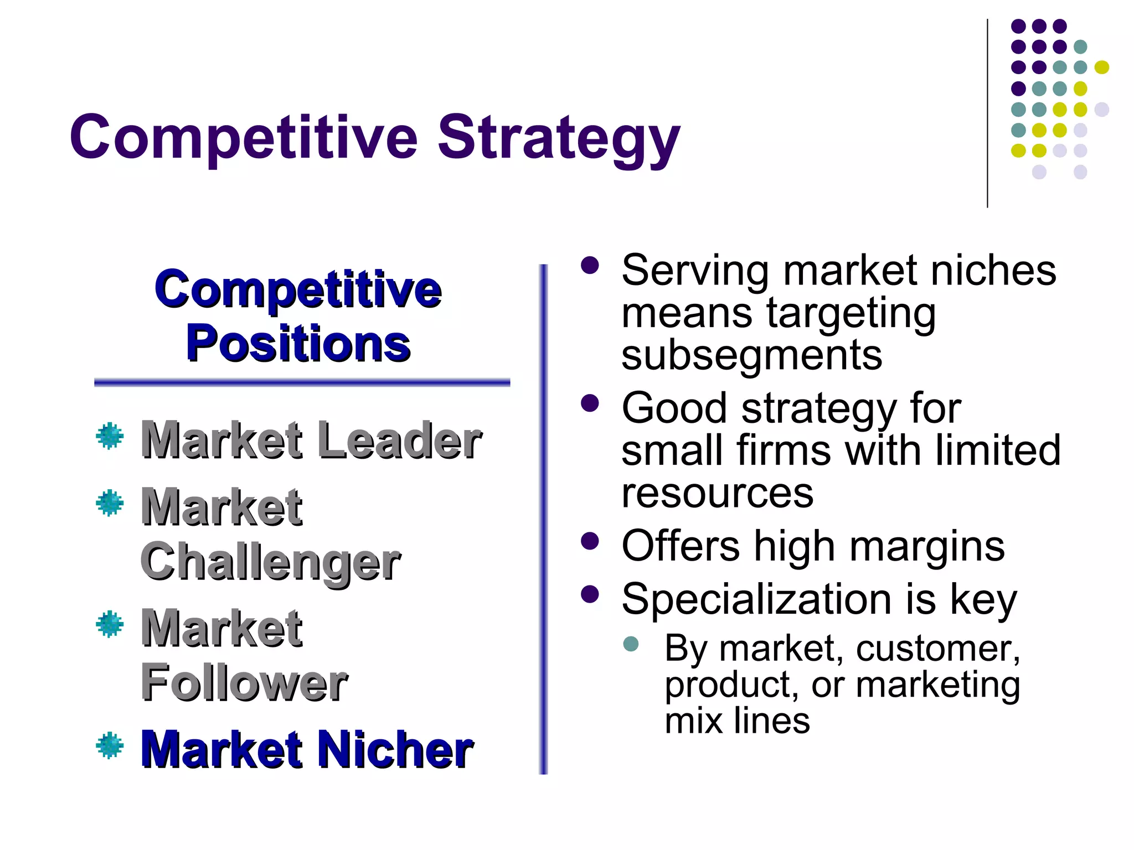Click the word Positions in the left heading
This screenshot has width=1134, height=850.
pyautogui.click(x=298, y=344)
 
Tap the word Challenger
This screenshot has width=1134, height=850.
pyautogui.click(x=270, y=562)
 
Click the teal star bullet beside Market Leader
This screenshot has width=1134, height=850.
pyautogui.click(x=110, y=436)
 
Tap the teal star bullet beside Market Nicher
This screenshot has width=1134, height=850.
pyautogui.click(x=110, y=745)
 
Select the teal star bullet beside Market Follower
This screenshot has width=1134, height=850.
pyautogui.click(x=110, y=624)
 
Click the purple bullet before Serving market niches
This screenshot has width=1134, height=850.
pyautogui.click(x=590, y=265)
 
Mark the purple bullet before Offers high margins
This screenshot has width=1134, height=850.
pyautogui.click(x=590, y=541)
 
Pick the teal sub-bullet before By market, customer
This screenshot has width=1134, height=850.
pyautogui.click(x=631, y=643)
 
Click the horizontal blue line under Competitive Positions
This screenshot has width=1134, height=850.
pyautogui.click(x=302, y=382)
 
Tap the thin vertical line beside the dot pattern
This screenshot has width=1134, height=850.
pyautogui.click(x=987, y=113)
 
